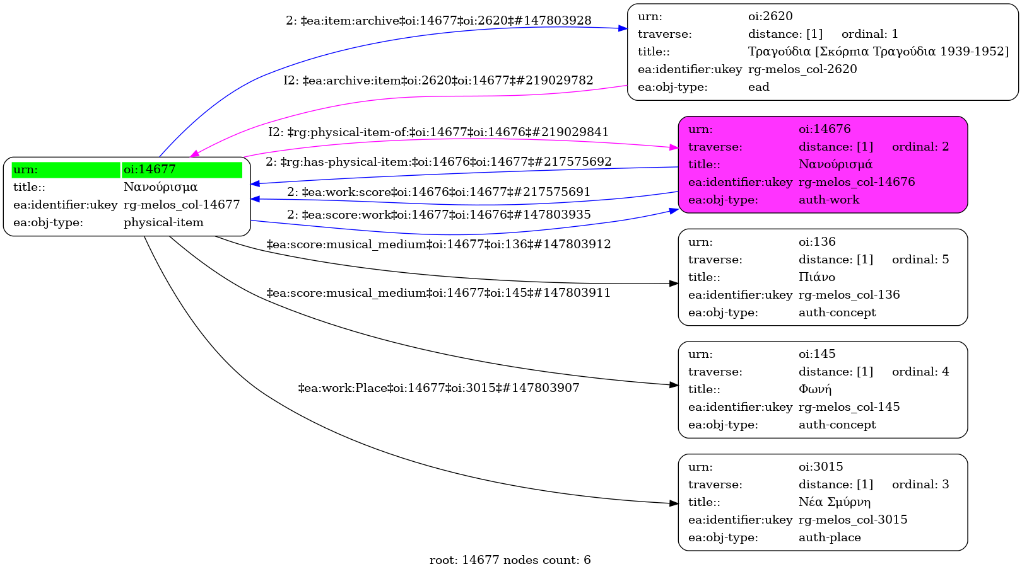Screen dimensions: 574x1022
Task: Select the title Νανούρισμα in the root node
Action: tap(160, 187)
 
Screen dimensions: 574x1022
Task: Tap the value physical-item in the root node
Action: tap(163, 222)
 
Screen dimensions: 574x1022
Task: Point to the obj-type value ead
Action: tap(758, 87)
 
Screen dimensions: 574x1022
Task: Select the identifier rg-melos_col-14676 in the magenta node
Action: tap(857, 182)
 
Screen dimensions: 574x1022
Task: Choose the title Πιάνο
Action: tap(816, 277)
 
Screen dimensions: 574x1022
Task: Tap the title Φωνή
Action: tap(815, 389)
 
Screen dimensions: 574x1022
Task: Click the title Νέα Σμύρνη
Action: tap(834, 502)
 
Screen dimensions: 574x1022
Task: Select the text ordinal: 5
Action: tap(920, 260)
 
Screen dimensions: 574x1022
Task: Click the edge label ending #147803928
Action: tap(438, 21)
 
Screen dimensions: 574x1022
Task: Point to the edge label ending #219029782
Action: tap(438, 81)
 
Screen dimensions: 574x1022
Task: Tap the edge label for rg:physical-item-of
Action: tap(438, 132)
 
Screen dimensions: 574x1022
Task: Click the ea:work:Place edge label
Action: tap(438, 388)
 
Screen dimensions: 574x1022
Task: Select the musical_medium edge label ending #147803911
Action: tap(438, 293)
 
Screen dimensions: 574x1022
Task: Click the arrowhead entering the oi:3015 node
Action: tap(674, 503)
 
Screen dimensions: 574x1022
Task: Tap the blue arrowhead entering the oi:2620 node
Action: tap(623, 28)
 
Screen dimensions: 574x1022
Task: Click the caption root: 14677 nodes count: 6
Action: tap(510, 560)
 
